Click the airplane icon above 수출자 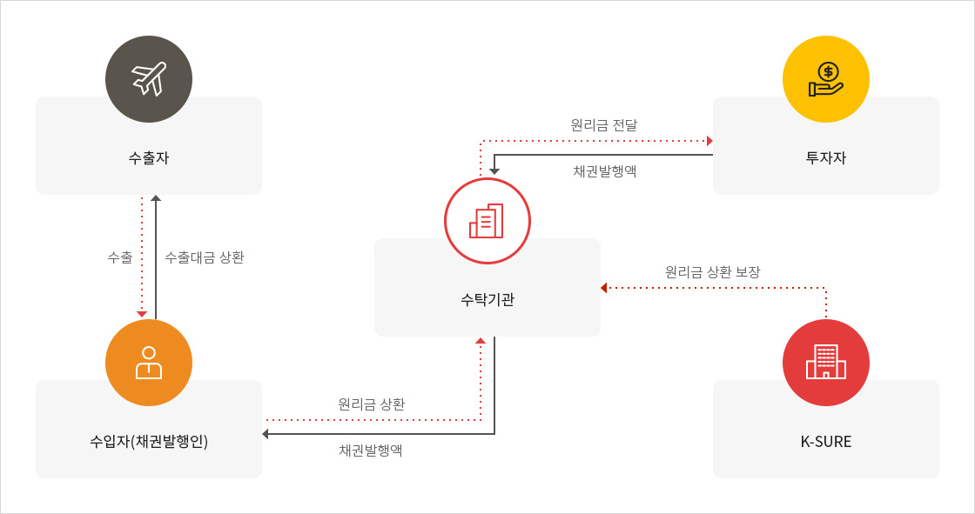point(149,79)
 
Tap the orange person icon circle point(149,363)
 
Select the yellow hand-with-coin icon point(826,79)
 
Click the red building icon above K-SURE point(826,363)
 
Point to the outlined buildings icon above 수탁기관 point(487,221)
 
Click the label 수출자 point(149,158)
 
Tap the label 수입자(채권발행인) point(149,441)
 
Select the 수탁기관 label point(487,299)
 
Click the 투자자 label point(826,158)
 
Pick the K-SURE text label point(826,441)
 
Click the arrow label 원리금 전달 point(604,125)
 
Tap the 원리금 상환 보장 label point(713,271)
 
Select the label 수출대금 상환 point(205,257)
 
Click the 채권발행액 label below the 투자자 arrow point(605,171)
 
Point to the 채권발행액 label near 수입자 point(371,450)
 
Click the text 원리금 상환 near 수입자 point(372,404)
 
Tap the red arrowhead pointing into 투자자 point(709,141)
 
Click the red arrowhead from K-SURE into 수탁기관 point(604,288)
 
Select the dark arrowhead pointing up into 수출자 point(156,198)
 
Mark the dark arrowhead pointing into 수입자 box point(266,434)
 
